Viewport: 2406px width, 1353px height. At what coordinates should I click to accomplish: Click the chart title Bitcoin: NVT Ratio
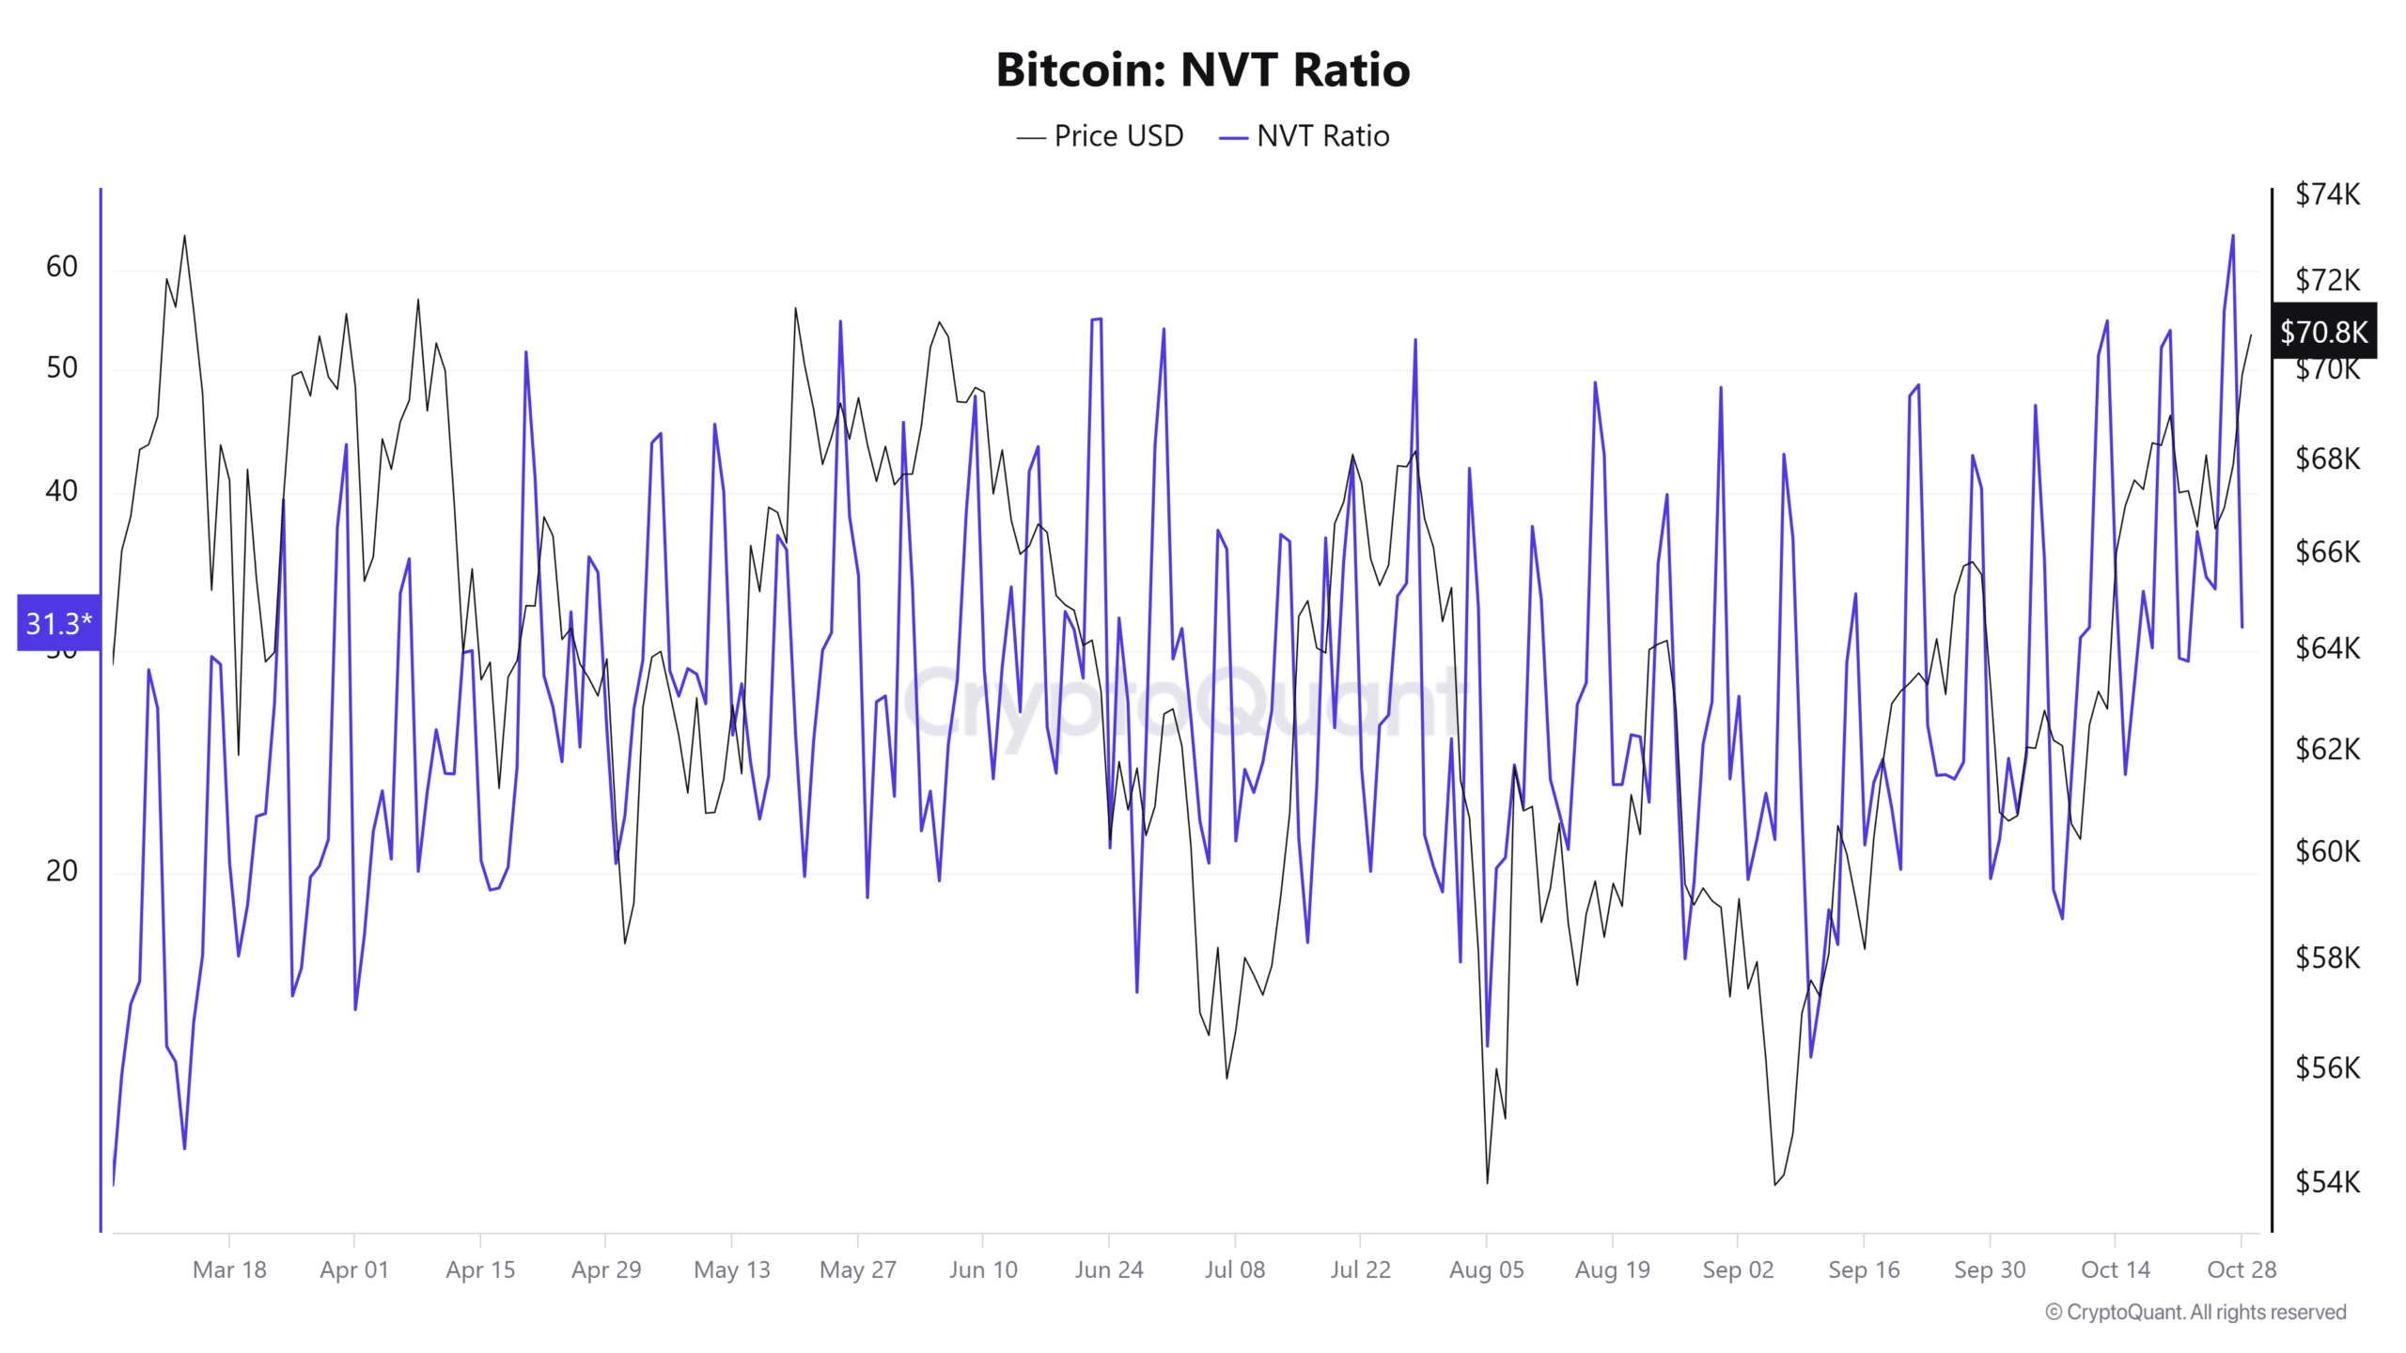pos(1202,70)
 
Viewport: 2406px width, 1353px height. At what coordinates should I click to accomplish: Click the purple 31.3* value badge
pos(58,622)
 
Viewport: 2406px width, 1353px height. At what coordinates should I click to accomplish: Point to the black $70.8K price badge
pos(2323,331)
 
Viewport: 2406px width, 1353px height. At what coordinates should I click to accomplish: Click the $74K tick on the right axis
pos(2327,194)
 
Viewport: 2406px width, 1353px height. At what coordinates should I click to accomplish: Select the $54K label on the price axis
pos(2327,1181)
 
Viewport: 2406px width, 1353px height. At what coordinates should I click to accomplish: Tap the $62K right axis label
pos(2327,749)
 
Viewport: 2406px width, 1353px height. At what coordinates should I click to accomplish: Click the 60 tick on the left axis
pos(62,267)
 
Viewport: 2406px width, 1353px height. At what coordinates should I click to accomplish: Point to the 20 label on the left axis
pos(62,871)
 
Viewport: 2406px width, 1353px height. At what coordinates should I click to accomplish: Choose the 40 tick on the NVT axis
pos(62,490)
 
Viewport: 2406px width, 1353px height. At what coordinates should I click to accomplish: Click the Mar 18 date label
pos(229,1269)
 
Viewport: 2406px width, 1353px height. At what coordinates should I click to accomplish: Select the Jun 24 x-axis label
pos(1109,1269)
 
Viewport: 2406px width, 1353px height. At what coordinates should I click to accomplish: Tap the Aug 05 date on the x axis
pos(1486,1269)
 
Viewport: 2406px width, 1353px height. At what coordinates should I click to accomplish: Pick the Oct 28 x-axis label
pos(2242,1269)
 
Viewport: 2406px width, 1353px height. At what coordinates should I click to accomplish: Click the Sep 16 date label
pos(1864,1269)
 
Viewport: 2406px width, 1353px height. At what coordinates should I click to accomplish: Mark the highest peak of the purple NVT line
pos(2233,236)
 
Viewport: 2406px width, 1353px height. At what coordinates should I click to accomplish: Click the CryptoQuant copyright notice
pos(2195,1312)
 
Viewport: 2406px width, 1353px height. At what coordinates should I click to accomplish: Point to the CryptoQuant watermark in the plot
pos(1184,700)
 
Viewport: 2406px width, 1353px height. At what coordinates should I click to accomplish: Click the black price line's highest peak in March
pos(184,236)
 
